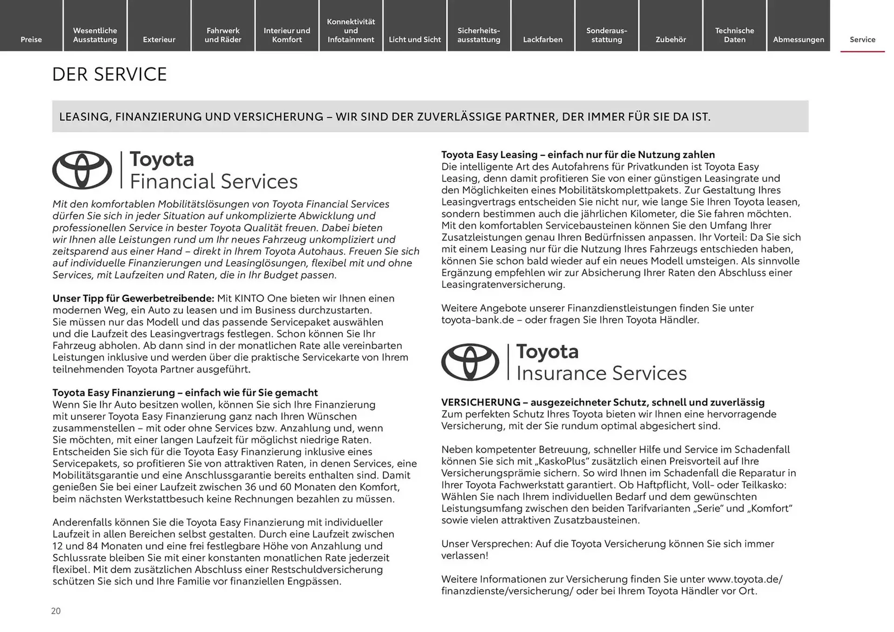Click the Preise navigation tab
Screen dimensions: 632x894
(31, 39)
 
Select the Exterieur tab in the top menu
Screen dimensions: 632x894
(159, 39)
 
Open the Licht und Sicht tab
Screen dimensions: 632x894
(414, 39)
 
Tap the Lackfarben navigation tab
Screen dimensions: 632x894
(542, 39)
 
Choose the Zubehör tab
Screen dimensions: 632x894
(670, 39)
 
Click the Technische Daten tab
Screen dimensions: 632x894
(734, 35)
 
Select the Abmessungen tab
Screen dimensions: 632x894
(798, 39)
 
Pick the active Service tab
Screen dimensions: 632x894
(862, 39)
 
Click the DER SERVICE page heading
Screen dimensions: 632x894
(109, 74)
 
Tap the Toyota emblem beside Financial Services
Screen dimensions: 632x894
(82, 170)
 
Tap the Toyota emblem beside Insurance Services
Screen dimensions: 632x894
(470, 362)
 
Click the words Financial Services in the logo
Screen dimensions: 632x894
(213, 182)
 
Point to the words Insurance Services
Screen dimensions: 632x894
(601, 373)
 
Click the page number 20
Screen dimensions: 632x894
(56, 611)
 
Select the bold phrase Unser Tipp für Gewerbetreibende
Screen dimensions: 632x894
(133, 298)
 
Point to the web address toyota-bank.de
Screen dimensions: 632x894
(479, 320)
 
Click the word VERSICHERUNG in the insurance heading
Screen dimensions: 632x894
(481, 402)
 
